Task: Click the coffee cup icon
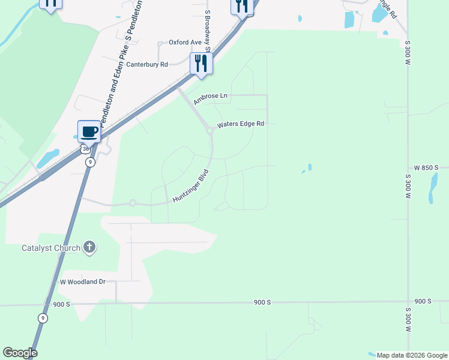coord(89,132)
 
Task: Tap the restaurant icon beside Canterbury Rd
coord(201,63)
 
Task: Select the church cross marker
coord(89,247)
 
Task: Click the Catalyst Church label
coord(50,247)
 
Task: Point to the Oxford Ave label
coord(185,43)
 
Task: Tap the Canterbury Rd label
coord(146,65)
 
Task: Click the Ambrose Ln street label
coord(211,98)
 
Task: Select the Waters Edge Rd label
coord(241,124)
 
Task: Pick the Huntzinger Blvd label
coord(190,186)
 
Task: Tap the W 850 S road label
coord(426,167)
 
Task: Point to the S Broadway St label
coord(208,30)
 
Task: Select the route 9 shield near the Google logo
coord(42,318)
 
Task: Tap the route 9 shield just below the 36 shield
coord(89,162)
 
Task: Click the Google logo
coord(20,353)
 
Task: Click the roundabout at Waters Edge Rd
coord(209,130)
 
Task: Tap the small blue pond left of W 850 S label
coord(310,167)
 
